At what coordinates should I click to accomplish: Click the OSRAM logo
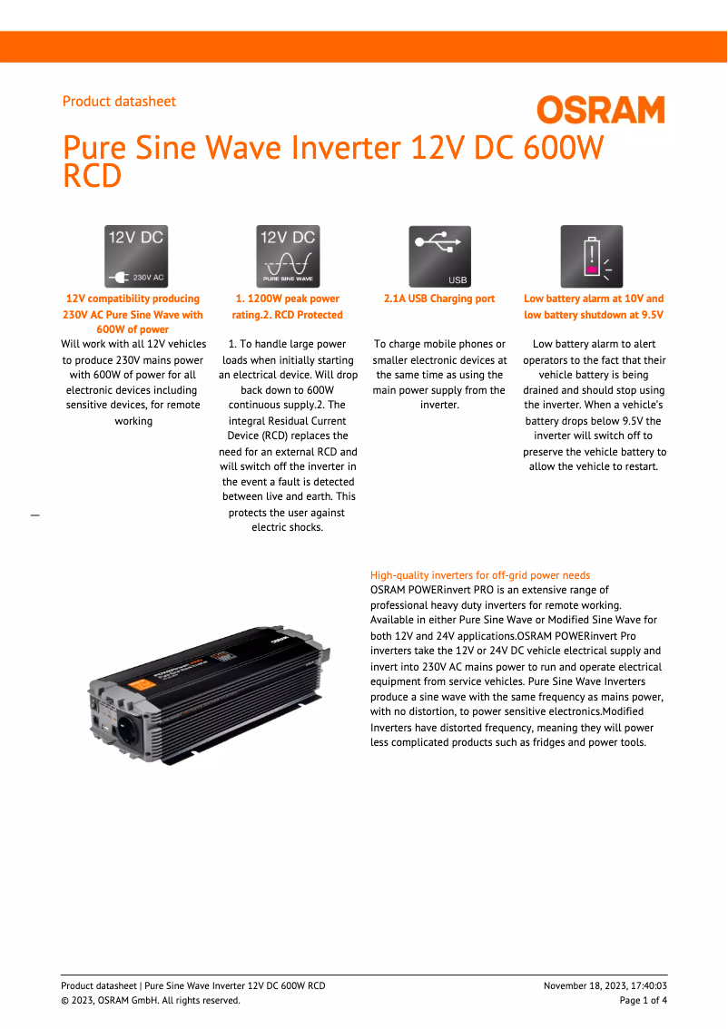[600, 111]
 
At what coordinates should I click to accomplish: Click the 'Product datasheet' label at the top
[119, 102]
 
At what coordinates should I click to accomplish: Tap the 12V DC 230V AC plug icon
[136, 257]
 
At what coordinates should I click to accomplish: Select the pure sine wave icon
[288, 257]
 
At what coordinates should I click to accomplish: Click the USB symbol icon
[439, 257]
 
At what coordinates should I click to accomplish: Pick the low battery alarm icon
[592, 257]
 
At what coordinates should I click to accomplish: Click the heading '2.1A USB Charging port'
[439, 299]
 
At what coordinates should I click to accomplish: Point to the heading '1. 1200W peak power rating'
[287, 299]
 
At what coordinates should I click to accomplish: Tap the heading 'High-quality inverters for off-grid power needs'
[480, 575]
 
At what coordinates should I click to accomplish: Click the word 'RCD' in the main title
[92, 177]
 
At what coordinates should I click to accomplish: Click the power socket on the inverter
[126, 732]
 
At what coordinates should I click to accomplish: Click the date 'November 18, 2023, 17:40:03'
[605, 986]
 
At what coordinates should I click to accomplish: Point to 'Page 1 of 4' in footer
[643, 1001]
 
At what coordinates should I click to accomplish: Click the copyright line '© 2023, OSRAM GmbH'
[150, 1001]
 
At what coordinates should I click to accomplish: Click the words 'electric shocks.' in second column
[287, 527]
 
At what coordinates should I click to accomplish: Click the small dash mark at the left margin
[35, 515]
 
